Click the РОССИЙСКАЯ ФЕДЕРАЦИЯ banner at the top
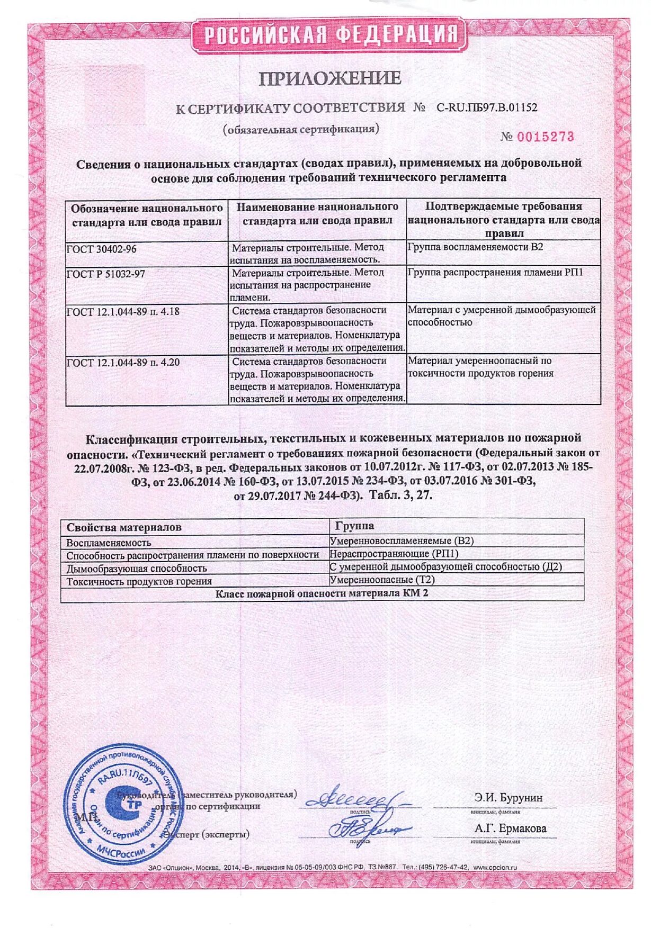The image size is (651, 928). pos(329,35)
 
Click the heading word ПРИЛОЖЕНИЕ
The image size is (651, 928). pos(329,78)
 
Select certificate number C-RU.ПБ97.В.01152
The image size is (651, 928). pos(486,107)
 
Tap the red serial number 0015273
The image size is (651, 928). pos(545,137)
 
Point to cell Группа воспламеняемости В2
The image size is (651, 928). pos(475,247)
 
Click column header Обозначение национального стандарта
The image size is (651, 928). pos(147,215)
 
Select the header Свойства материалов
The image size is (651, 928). pos(123,527)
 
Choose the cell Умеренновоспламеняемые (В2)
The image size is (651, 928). pos(402,540)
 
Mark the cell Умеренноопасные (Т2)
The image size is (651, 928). pos(382,580)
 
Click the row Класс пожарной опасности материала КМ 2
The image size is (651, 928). pos(322,593)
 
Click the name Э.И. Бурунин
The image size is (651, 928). pos(508,798)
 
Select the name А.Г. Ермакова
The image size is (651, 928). pos(510,828)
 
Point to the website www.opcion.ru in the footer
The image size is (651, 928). pos(495,868)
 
